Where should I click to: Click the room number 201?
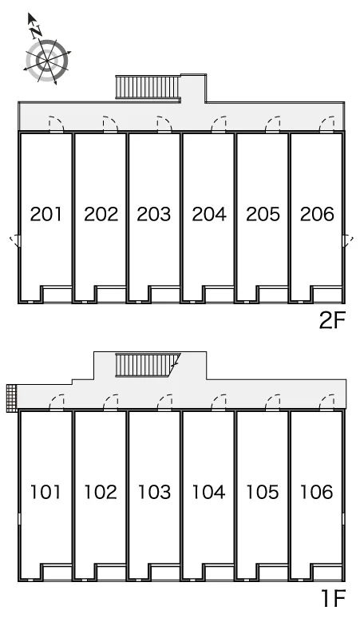(46, 214)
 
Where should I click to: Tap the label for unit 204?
(209, 214)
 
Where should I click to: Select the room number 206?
(317, 214)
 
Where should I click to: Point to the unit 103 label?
(154, 492)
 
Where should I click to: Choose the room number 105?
(263, 492)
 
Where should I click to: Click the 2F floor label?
(332, 320)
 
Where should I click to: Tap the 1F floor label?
(333, 598)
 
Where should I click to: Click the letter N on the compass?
(37, 30)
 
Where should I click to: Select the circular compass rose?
(47, 61)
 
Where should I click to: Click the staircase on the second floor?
(148, 87)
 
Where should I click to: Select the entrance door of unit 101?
(57, 402)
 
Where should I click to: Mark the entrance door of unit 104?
(219, 402)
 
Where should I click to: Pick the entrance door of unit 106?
(327, 402)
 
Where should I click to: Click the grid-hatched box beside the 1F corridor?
(12, 398)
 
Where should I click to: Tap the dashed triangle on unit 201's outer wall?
(15, 240)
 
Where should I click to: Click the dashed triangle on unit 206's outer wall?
(348, 240)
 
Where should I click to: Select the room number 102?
(101, 492)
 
